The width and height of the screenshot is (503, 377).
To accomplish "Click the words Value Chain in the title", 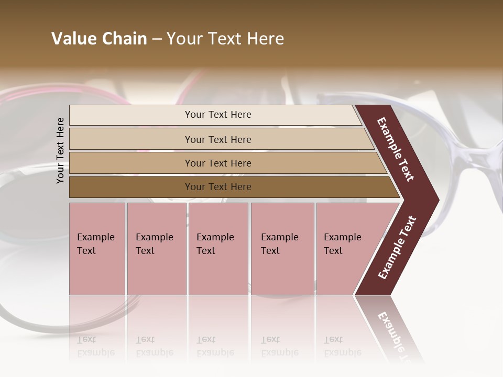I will click(99, 39).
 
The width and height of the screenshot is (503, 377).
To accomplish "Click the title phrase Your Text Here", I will click(225, 39).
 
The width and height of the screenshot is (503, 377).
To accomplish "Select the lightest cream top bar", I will click(131, 115).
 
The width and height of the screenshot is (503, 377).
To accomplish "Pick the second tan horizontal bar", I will click(131, 139).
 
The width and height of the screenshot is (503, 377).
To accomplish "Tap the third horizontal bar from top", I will click(131, 163).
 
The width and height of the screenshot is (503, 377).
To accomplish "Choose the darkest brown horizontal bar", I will click(131, 187).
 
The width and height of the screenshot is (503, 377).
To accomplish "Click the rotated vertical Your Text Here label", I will click(60, 150).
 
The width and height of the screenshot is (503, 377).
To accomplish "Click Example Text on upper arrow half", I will click(396, 149).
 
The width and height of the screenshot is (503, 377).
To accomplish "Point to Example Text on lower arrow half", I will click(397, 248).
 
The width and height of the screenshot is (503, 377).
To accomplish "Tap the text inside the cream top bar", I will click(218, 115).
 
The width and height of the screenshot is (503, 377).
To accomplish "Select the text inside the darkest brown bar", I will click(218, 187).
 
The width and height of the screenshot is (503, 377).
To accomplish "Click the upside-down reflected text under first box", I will click(95, 346).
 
